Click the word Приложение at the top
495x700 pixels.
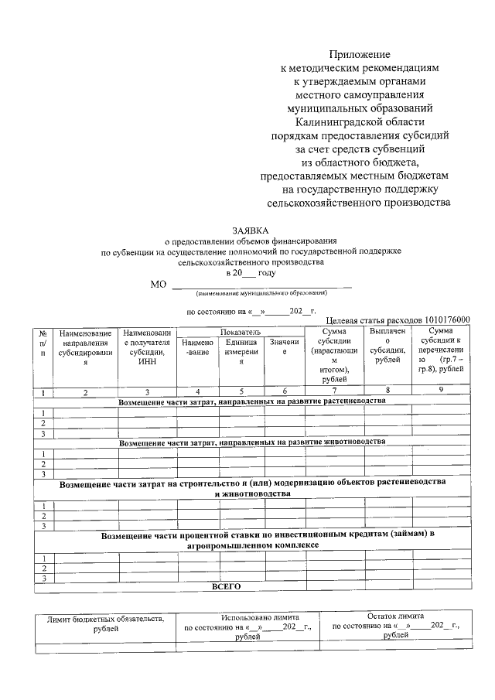(360, 54)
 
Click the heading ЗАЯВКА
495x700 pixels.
(251, 230)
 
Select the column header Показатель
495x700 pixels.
(241, 331)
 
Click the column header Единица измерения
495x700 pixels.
(241, 352)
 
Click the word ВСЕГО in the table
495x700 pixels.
(227, 586)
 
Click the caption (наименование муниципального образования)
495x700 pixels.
(261, 293)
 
